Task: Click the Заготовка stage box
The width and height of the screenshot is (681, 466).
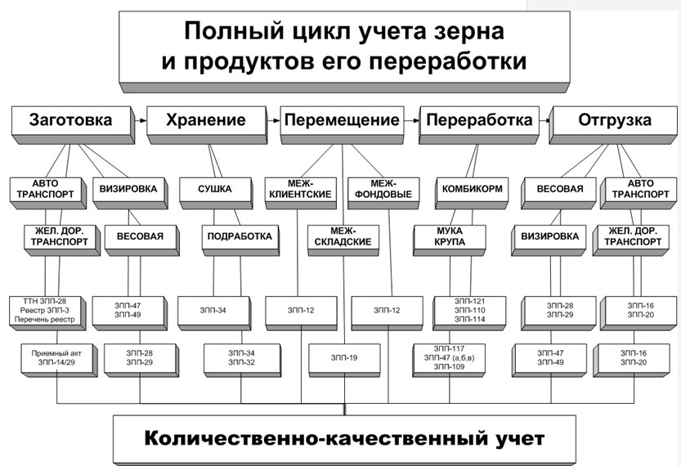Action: (73, 124)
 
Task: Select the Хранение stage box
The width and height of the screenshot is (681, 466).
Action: (207, 124)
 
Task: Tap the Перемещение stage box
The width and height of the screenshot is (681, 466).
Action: (343, 124)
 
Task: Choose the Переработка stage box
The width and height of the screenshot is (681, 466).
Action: (479, 124)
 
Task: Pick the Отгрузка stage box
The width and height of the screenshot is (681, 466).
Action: (614, 124)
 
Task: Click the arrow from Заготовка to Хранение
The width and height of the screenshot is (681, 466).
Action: (141, 120)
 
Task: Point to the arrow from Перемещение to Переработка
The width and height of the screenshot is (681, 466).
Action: (411, 120)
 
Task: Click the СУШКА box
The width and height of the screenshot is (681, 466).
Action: (216, 193)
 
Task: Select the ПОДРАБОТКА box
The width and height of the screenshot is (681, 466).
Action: (240, 240)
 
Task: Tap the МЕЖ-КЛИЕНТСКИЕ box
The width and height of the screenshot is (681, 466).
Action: (301, 193)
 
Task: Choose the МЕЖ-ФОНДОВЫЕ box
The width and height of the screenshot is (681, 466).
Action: (384, 193)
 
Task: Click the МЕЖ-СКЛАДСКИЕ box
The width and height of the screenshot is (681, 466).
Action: (343, 240)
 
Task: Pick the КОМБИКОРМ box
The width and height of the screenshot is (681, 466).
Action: (472, 193)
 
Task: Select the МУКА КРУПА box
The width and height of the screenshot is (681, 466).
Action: (450, 240)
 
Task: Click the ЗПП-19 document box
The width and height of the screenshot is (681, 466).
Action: (345, 361)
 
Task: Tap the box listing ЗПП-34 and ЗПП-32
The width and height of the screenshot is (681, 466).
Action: (242, 361)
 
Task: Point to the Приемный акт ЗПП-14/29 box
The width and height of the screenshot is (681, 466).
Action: (59, 361)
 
